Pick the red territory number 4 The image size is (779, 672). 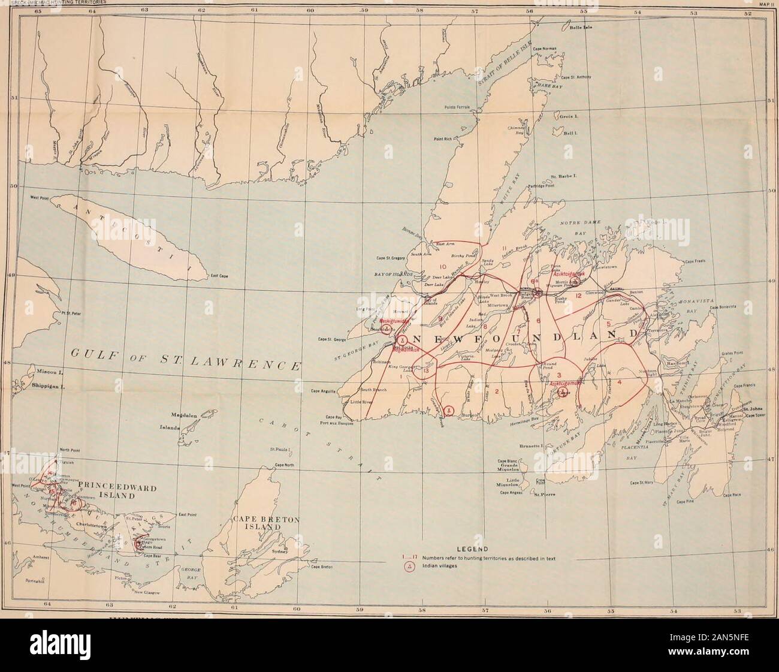(619, 382)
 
